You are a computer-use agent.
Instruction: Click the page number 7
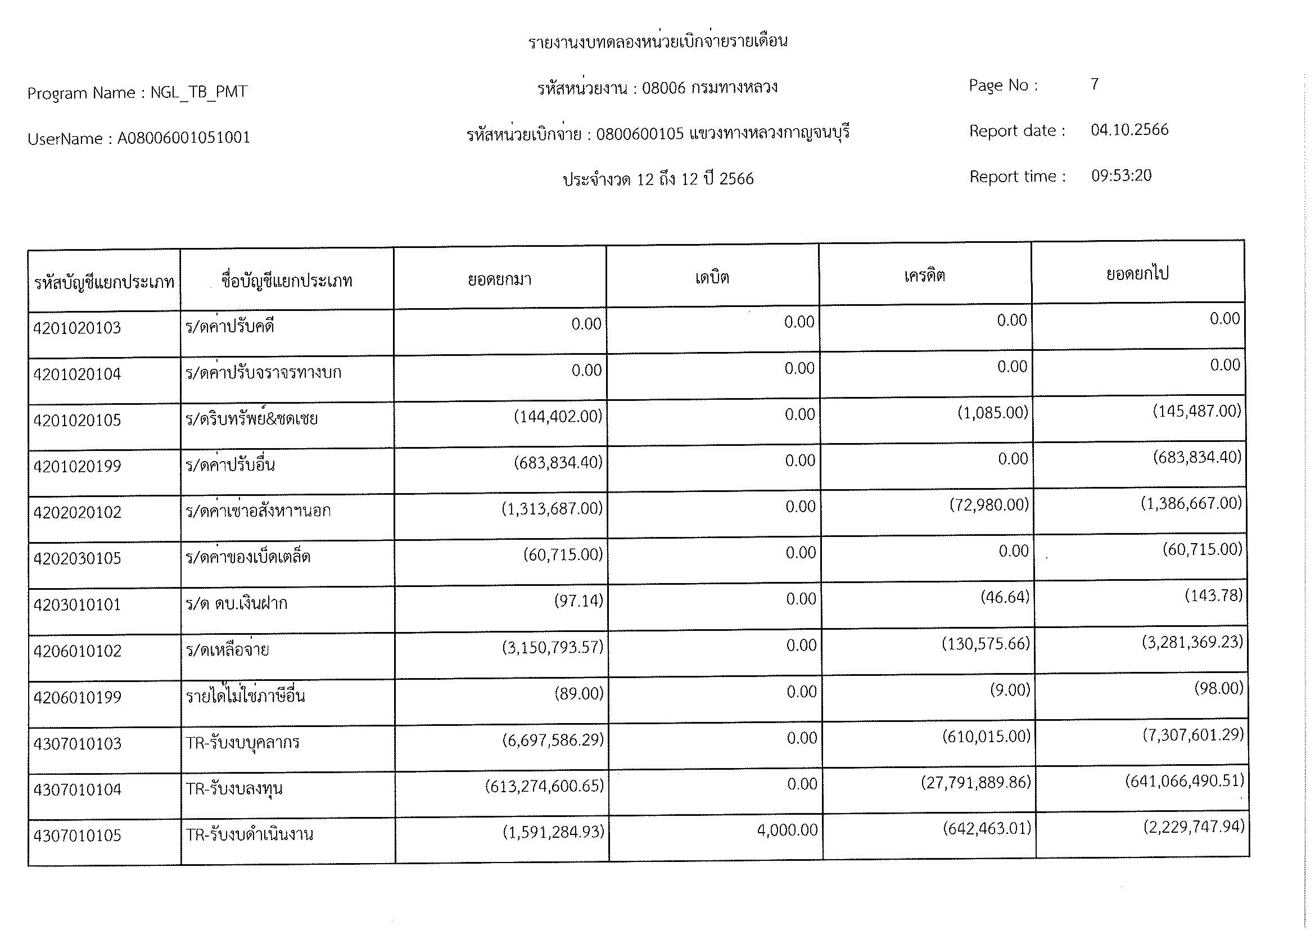tap(1095, 85)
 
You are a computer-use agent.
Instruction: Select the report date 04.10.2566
tap(1129, 130)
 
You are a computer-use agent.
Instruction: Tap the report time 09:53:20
tap(1121, 176)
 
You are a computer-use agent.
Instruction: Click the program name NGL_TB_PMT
tap(198, 92)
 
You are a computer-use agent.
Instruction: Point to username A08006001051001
tap(183, 138)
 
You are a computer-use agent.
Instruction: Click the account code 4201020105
tap(78, 421)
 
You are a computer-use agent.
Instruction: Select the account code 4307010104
tap(78, 789)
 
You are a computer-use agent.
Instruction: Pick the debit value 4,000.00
tap(787, 830)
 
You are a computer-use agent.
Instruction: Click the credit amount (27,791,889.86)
tap(975, 782)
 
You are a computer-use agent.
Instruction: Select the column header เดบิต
tap(712, 278)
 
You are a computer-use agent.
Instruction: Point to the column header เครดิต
tap(924, 276)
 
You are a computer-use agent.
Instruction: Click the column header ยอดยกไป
tap(1137, 274)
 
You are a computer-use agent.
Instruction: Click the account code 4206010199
tap(78, 697)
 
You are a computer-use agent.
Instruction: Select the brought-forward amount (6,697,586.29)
tap(553, 739)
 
